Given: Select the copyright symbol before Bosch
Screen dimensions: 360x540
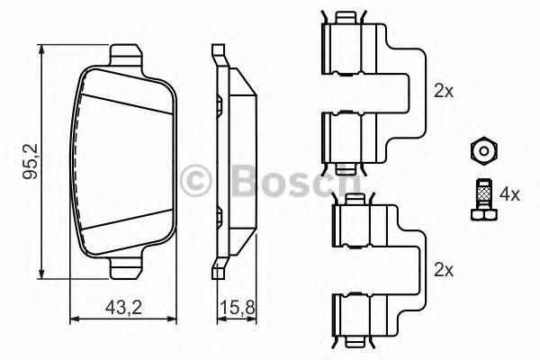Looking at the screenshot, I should pyautogui.click(x=198, y=181).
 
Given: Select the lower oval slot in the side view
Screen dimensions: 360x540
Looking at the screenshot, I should pyautogui.click(x=219, y=214).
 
